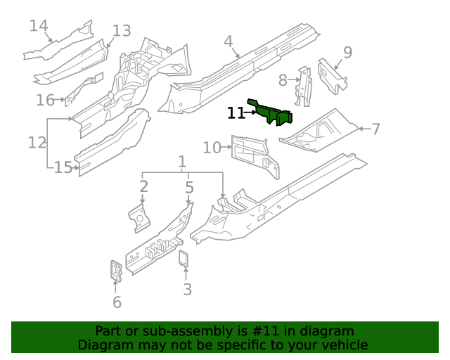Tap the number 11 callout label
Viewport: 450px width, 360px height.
236,112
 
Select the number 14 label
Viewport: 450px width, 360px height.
39,26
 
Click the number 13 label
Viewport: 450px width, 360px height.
122,30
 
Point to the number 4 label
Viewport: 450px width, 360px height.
229,41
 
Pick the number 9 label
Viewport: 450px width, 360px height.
347,51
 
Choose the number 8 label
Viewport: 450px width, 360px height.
283,80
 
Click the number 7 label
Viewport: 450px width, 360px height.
375,129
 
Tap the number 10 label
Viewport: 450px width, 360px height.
212,147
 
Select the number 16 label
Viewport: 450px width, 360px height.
45,100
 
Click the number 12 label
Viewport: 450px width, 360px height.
37,143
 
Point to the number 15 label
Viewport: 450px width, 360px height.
63,167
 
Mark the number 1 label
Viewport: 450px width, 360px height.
182,161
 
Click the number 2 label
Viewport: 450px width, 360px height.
143,186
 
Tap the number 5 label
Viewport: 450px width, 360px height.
189,186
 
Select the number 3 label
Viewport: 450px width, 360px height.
187,289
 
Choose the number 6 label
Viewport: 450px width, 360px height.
117,302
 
